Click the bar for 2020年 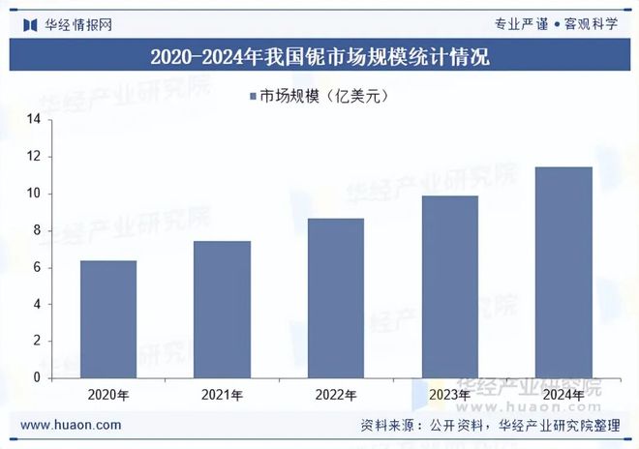[x=108, y=319]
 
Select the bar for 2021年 [x=222, y=310]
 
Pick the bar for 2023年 [x=450, y=286]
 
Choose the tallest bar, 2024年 [x=563, y=272]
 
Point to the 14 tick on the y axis [x=34, y=120]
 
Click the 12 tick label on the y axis [x=34, y=157]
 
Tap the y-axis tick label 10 [x=34, y=194]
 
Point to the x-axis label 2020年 [x=108, y=395]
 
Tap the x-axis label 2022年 [x=336, y=395]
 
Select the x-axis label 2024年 [x=563, y=395]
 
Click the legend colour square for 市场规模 [x=254, y=96]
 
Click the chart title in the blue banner [x=319, y=57]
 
